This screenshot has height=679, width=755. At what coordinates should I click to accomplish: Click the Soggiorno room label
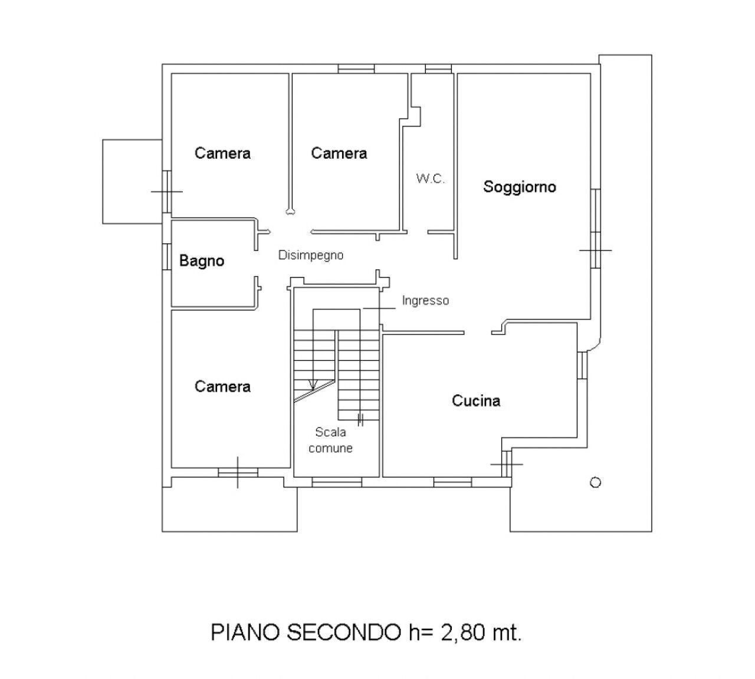pos(520,187)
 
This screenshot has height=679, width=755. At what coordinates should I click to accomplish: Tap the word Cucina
pos(476,401)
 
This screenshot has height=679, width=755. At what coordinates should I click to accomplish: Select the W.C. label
pos(431,179)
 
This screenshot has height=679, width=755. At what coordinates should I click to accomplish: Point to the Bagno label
pos(202,261)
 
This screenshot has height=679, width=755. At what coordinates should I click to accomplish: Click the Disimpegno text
pos(311,256)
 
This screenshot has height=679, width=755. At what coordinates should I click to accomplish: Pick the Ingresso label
pos(425,301)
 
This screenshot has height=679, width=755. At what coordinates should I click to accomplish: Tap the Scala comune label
pos(330,440)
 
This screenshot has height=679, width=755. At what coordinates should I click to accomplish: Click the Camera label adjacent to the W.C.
pos(339,154)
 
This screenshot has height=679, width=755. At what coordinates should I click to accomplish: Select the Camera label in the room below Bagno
pos(222,387)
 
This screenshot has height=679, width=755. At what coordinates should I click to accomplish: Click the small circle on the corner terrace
pos(595,482)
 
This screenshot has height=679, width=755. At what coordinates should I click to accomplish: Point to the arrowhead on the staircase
pos(313,384)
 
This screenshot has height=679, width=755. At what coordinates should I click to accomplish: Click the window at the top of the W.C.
pos(438,69)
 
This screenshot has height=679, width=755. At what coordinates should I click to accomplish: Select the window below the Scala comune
pos(336,482)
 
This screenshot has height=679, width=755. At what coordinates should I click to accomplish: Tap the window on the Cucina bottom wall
pos(452,482)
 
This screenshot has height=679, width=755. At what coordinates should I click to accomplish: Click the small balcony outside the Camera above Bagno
pos(132,181)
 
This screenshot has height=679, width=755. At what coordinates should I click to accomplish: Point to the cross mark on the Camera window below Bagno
pos(238,472)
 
